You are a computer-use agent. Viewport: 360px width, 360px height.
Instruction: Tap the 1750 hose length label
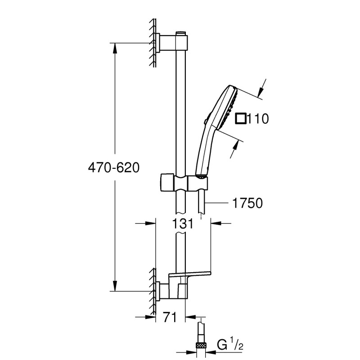247,203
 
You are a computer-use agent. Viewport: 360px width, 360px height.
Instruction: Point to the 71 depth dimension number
168,318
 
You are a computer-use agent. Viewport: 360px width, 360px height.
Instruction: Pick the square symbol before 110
241,118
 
